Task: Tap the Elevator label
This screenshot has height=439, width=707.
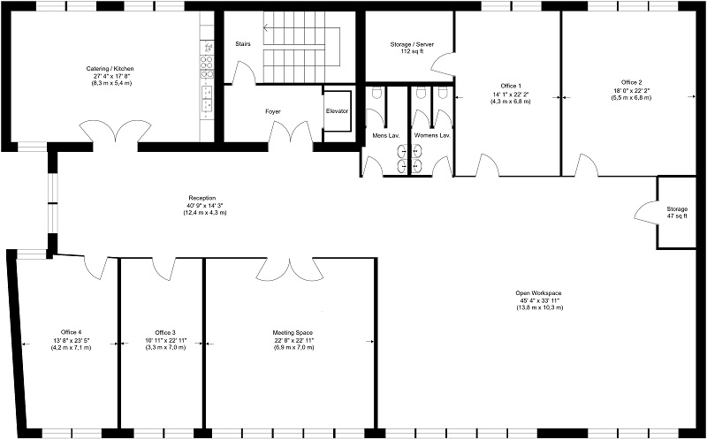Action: coord(337,111)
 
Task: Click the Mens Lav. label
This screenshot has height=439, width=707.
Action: coord(384,135)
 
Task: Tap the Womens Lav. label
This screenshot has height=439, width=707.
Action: coord(432,135)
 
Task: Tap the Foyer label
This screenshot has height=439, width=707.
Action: coord(273,111)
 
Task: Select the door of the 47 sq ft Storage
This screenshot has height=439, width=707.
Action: coord(646,212)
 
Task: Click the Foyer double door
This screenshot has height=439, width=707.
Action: coord(292,132)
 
